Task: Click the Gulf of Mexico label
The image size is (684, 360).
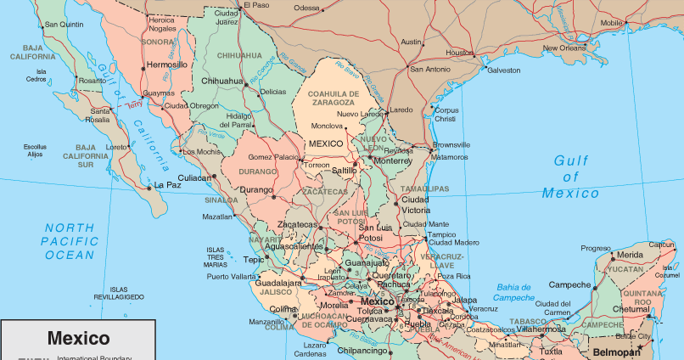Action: pyautogui.click(x=570, y=177)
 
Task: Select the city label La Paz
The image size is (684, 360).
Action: pyautogui.click(x=166, y=185)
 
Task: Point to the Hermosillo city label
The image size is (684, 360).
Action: pyautogui.click(x=167, y=65)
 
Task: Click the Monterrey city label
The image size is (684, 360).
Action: pyautogui.click(x=392, y=160)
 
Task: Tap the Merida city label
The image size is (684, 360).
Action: pyautogui.click(x=629, y=255)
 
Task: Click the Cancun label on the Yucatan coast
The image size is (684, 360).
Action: pyautogui.click(x=661, y=245)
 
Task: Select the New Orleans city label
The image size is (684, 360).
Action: pyautogui.click(x=564, y=48)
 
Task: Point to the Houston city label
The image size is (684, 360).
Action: pyautogui.click(x=459, y=53)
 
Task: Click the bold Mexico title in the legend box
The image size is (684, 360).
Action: pyautogui.click(x=78, y=338)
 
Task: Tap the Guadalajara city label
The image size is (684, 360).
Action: pyautogui.click(x=278, y=283)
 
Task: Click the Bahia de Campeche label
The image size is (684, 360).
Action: pyautogui.click(x=515, y=292)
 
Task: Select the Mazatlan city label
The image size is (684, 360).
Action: pyautogui.click(x=216, y=217)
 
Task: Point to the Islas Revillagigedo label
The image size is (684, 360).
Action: pyautogui.click(x=120, y=293)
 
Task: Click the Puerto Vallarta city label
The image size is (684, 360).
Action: pyautogui.click(x=229, y=277)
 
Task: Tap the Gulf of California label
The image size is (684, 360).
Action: pyautogui.click(x=130, y=106)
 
